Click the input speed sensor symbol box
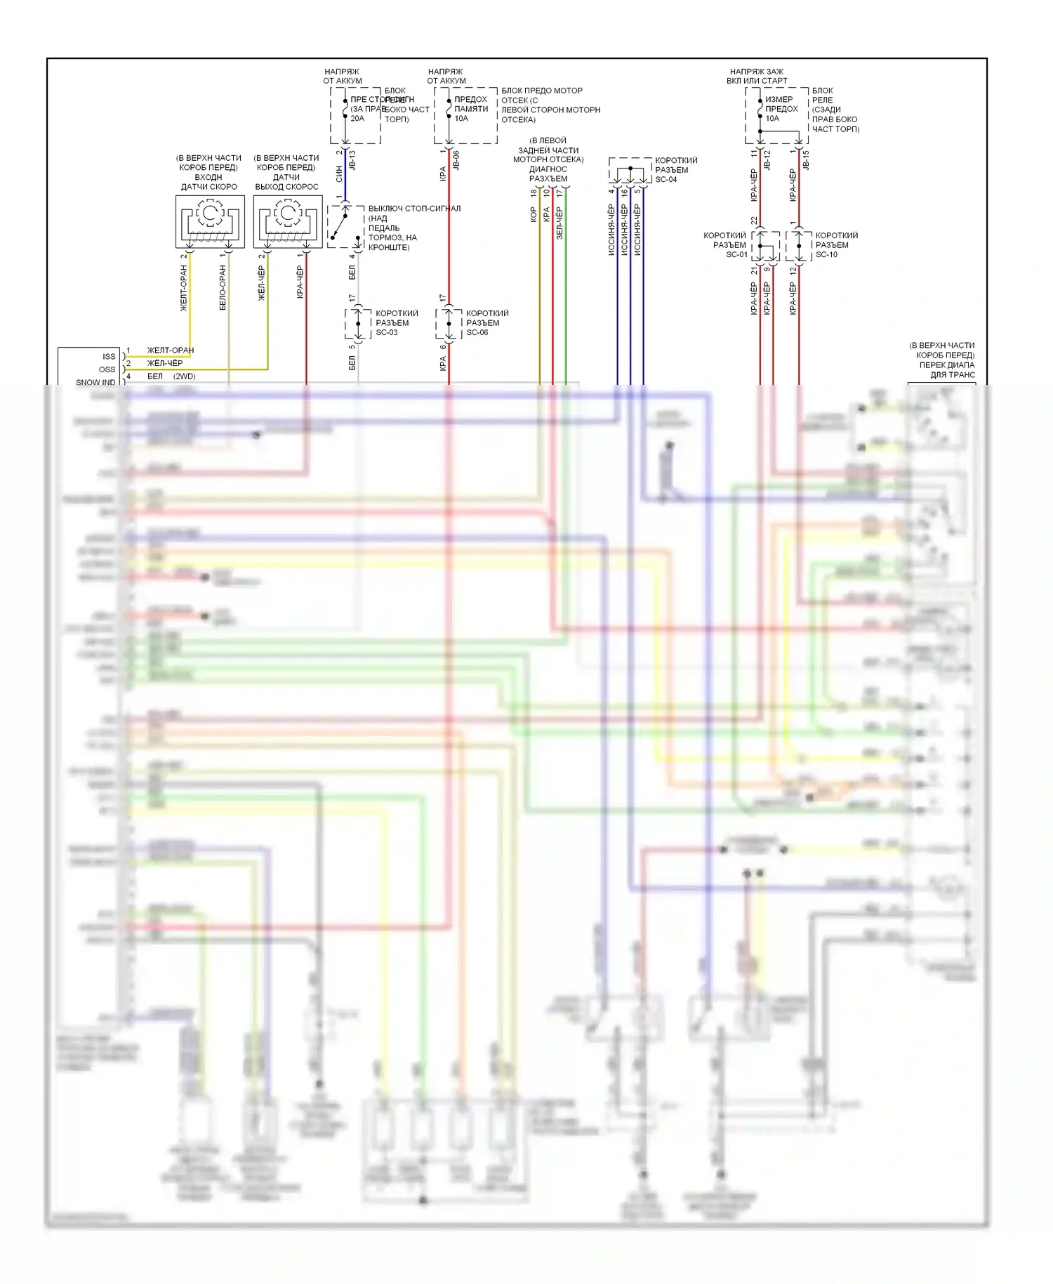210,221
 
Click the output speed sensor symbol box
288,221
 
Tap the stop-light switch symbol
345,225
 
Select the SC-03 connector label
387,332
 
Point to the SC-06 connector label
477,332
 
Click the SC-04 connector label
666,179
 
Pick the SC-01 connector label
736,254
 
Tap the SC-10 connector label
826,254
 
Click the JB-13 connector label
352,160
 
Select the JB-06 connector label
456,160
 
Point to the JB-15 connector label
806,160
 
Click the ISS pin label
109,356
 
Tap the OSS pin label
107,369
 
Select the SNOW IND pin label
95,382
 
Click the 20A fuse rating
357,118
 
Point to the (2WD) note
185,376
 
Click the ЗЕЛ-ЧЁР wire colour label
559,223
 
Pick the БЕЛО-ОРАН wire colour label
223,288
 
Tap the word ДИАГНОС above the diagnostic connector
548,169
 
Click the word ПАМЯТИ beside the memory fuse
471,109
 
